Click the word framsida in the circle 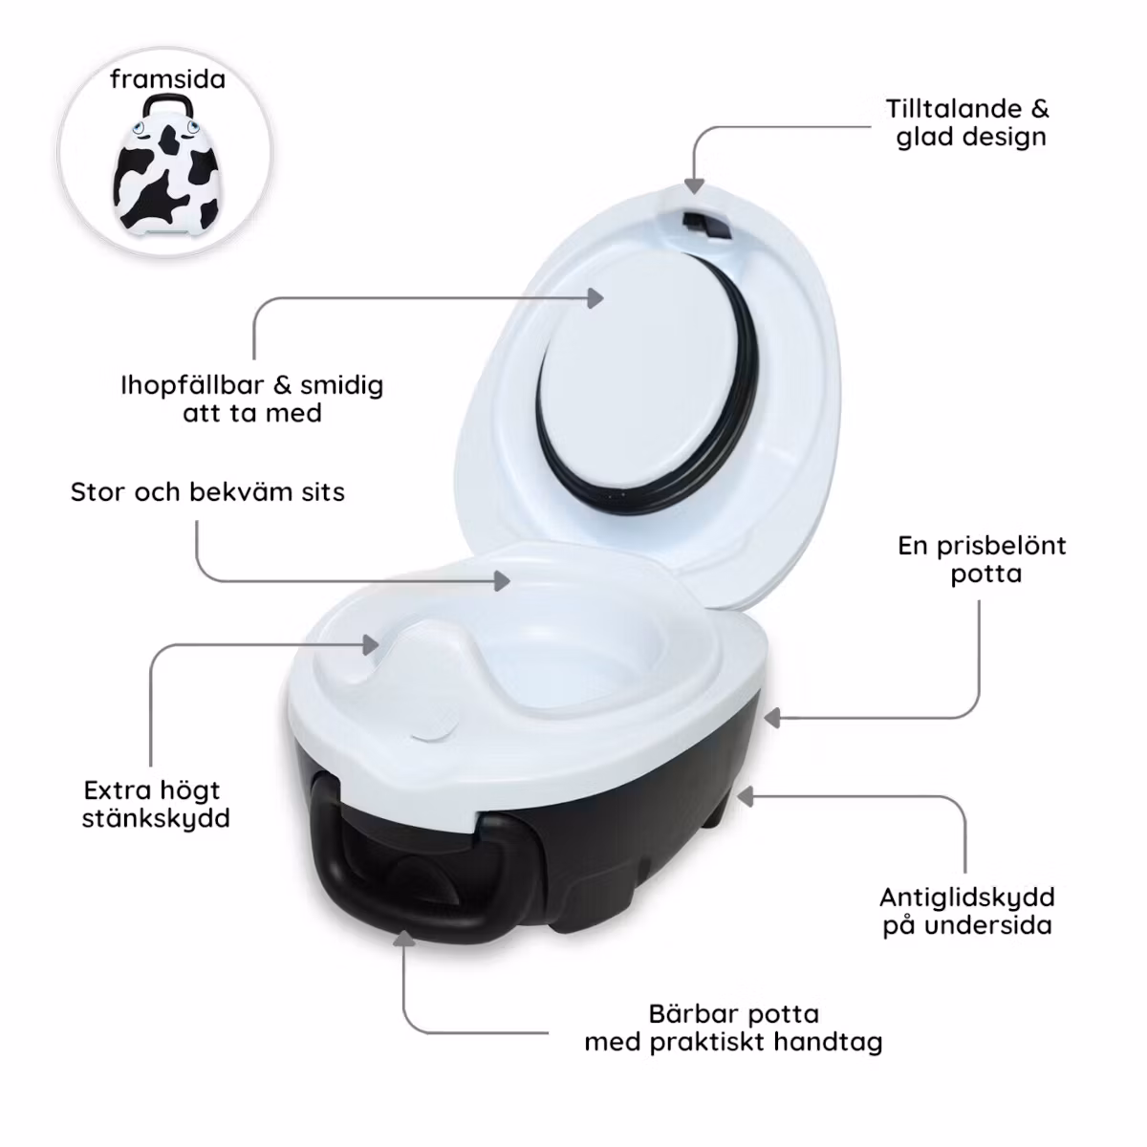(168, 79)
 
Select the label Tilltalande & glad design (968, 122)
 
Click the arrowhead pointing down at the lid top (694, 185)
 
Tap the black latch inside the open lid (706, 226)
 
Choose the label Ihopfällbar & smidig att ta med (251, 399)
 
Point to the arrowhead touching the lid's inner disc (595, 297)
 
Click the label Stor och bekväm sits (207, 492)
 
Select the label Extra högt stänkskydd (156, 804)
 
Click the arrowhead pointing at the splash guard (372, 644)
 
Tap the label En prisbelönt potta (983, 559)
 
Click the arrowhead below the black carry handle (404, 939)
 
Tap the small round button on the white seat (433, 728)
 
